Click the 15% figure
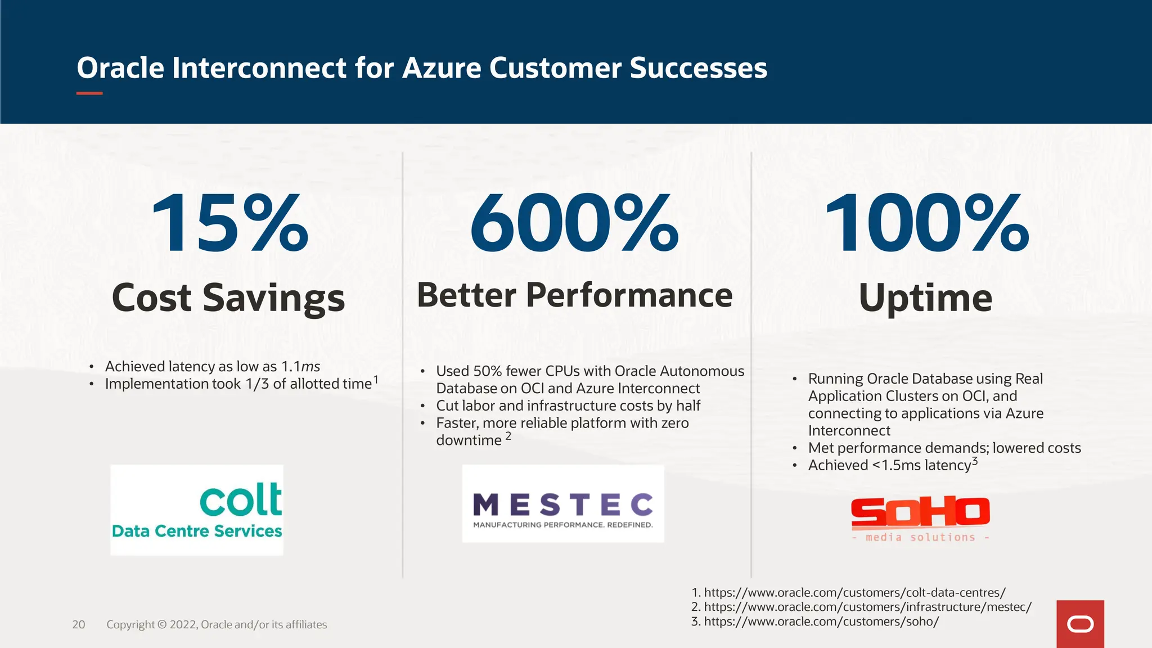click(229, 223)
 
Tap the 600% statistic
click(574, 223)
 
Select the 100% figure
click(926, 223)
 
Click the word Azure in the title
click(442, 68)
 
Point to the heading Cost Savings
click(228, 298)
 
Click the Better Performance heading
click(574, 295)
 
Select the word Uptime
click(925, 298)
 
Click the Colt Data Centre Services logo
click(197, 510)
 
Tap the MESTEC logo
click(562, 504)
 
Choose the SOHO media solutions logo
click(920, 519)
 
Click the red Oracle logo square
click(1080, 624)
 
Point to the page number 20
click(79, 624)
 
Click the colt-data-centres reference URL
click(854, 592)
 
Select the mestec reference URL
click(867, 607)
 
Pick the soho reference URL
click(821, 622)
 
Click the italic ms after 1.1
click(310, 367)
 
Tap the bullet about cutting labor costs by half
click(568, 406)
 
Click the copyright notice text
click(217, 624)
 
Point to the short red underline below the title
click(89, 93)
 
